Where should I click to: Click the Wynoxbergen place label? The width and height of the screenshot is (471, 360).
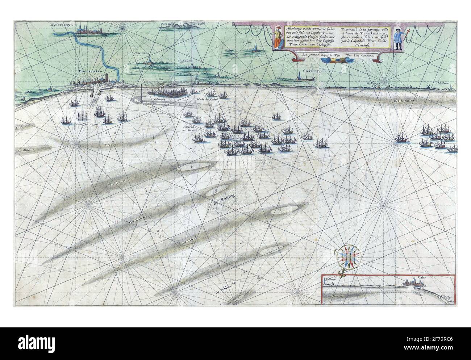click(x=63, y=25)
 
